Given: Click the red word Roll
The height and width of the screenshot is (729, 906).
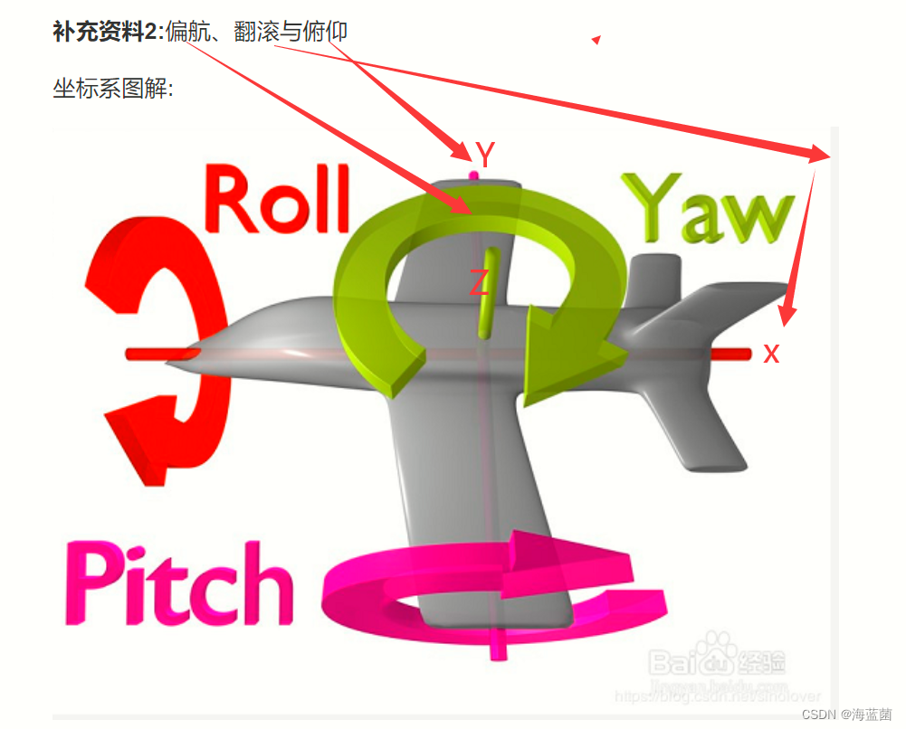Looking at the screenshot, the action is click(277, 200).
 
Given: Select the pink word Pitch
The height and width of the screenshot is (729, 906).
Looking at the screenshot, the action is click(177, 583).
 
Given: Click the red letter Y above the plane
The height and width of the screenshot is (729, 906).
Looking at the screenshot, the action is click(486, 156).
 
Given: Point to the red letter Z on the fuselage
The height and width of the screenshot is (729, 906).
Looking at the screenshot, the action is click(480, 283).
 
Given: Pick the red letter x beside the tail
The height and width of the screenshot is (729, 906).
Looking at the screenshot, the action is click(771, 353).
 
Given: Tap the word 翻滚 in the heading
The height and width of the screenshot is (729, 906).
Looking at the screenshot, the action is click(257, 33).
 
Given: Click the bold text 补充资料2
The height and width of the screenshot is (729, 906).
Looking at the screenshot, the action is click(104, 33).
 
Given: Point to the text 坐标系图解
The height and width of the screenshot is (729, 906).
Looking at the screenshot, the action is click(110, 90).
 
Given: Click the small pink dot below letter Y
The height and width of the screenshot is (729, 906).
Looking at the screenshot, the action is click(472, 175).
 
